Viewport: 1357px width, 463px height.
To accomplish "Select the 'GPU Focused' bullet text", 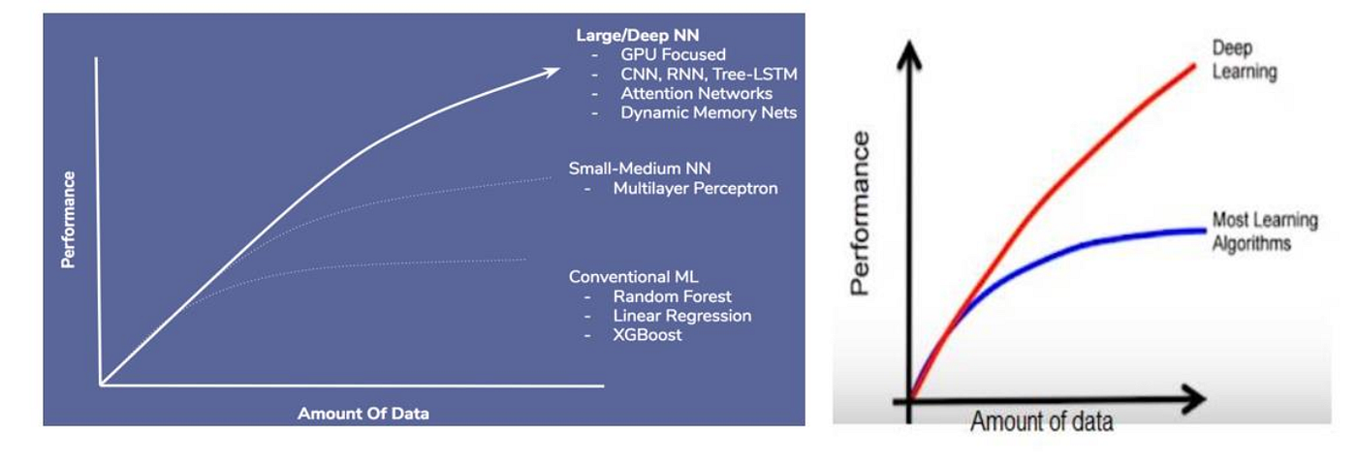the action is point(673,55).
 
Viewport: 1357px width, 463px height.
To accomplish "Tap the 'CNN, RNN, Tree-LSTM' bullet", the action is point(709,75).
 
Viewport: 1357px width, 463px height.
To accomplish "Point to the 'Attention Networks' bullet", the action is point(696,94).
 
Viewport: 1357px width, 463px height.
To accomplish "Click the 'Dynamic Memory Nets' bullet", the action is point(709,113).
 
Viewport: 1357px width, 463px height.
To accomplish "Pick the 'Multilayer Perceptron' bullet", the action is point(695,188).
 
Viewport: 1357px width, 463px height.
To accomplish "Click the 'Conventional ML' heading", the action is point(633,277).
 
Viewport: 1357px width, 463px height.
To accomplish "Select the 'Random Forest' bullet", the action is point(672,296).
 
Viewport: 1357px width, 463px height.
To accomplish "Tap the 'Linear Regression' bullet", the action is point(681,316).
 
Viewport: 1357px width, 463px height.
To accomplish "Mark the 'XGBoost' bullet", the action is point(647,335).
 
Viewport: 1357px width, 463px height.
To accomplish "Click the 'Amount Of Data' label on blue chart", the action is point(363,414).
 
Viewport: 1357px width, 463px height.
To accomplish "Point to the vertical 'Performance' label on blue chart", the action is point(69,220).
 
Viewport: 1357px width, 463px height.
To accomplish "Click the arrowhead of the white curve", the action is point(552,70).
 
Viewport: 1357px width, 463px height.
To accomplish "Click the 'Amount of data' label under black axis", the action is point(1041,421).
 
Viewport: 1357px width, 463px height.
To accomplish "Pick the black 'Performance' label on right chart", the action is point(860,212).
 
